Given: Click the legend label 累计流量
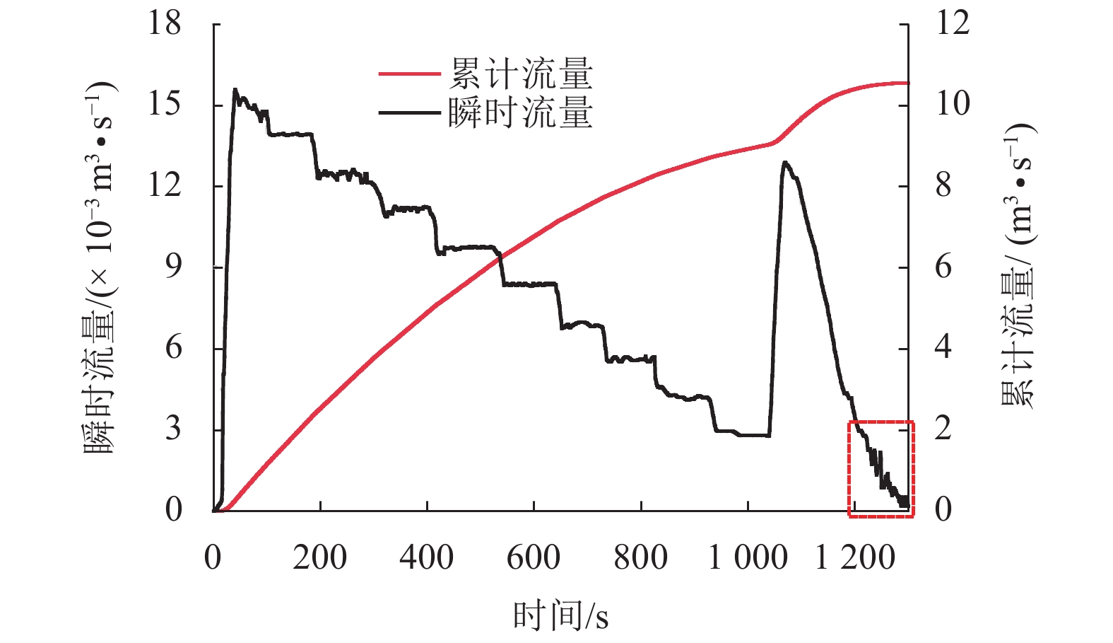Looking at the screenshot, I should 520,74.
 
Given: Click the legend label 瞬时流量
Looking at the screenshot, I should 520,112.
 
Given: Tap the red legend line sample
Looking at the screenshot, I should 410,74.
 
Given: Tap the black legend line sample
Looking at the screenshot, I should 410,112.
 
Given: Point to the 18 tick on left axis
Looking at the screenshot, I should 164,23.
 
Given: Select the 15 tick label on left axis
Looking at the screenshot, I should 164,105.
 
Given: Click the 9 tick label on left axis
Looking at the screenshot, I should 173,267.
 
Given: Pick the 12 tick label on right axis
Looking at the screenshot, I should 953,23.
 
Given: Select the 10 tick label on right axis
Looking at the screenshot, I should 953,105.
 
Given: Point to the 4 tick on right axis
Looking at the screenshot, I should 943,348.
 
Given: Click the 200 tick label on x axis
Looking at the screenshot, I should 319,557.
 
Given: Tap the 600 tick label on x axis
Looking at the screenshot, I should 534,557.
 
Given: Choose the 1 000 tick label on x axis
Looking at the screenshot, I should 748,557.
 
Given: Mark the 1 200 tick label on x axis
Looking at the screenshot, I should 855,557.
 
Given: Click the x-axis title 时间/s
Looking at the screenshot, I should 560,615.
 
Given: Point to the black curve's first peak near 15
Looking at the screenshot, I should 235,90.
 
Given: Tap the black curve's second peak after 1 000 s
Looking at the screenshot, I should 784,162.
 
